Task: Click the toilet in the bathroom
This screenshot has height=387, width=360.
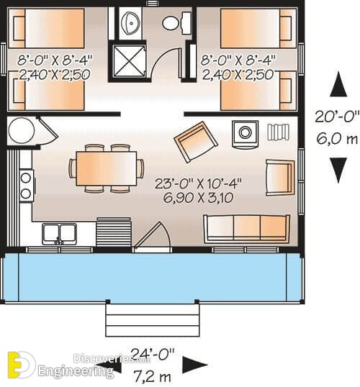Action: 176,23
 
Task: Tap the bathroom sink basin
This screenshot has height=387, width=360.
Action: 131,23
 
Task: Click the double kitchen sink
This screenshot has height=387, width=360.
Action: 59,234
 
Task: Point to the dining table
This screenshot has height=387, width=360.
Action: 107,168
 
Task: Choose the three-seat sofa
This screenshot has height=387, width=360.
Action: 246,229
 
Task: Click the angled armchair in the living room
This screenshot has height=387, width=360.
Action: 196,142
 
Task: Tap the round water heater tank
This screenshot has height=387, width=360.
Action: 21,130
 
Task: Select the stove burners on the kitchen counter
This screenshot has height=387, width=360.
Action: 26,186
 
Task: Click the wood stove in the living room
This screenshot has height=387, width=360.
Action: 245,135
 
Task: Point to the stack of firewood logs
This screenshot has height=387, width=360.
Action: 278,132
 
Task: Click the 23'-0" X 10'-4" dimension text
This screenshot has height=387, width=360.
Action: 198,183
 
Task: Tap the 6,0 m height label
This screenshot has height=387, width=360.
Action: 337,139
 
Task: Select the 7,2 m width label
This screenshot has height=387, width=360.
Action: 153,377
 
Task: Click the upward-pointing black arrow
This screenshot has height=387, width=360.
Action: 338,84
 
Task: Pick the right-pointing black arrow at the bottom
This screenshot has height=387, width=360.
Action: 194,365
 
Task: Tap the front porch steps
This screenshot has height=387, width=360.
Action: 153,320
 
